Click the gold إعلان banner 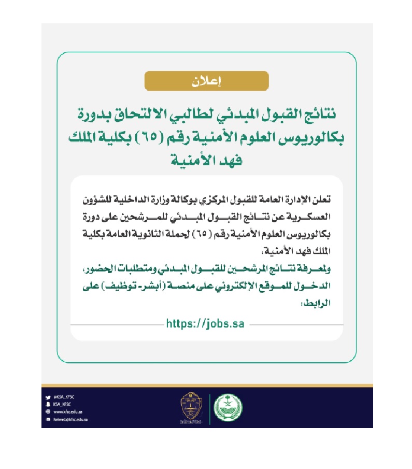pos(206,82)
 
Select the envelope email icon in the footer pos(48,419)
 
